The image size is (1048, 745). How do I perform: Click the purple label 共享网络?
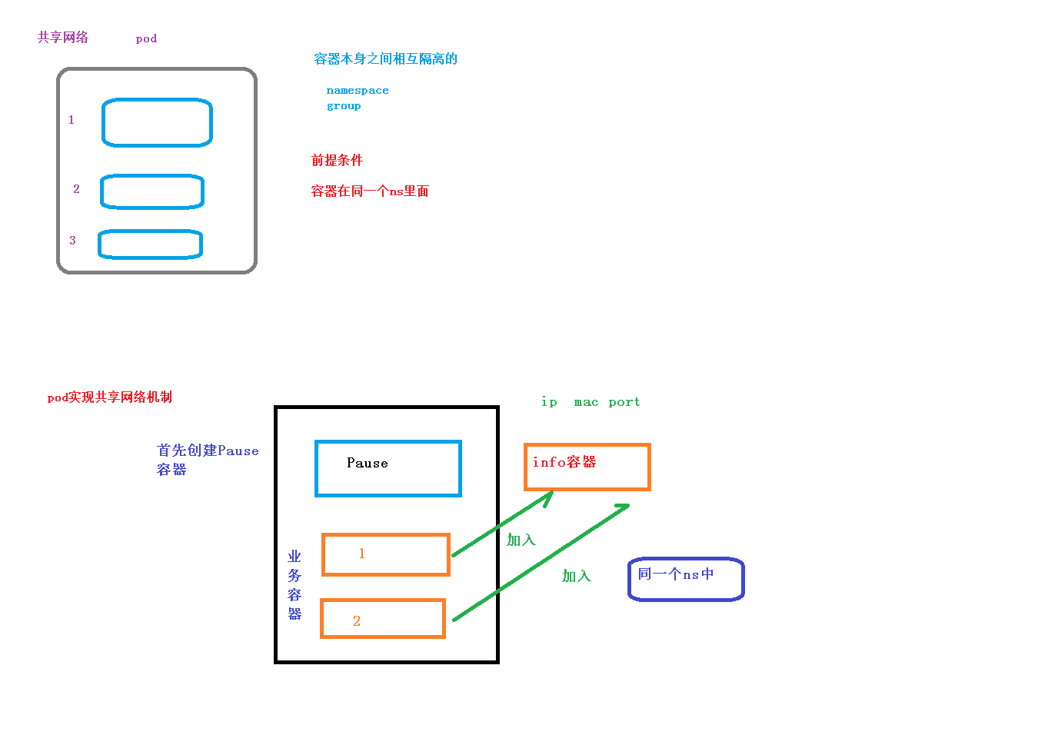(63, 37)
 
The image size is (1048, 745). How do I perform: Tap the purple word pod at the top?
(146, 38)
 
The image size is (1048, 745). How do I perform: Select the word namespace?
(358, 91)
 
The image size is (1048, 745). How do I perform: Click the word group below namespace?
(344, 106)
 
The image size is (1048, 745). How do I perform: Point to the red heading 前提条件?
(337, 160)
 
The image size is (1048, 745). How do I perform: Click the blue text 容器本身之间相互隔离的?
(385, 59)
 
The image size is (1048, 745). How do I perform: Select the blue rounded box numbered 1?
(157, 122)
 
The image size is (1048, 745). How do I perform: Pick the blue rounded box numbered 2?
(152, 191)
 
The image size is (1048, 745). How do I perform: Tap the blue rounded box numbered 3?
(150, 244)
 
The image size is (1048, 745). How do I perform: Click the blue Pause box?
(388, 468)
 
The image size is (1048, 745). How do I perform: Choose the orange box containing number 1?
(386, 554)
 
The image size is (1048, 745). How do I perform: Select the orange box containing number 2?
(383, 619)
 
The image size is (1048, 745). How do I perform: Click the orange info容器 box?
(587, 467)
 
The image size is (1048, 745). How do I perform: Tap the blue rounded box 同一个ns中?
(686, 579)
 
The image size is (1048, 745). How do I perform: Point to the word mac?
(586, 402)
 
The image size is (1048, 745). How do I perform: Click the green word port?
(624, 402)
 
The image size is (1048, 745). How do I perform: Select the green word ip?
(549, 402)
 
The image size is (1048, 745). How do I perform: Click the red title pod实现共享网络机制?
(110, 397)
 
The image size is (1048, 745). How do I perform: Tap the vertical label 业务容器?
(294, 584)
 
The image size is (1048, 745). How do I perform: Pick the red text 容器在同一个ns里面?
(370, 191)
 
